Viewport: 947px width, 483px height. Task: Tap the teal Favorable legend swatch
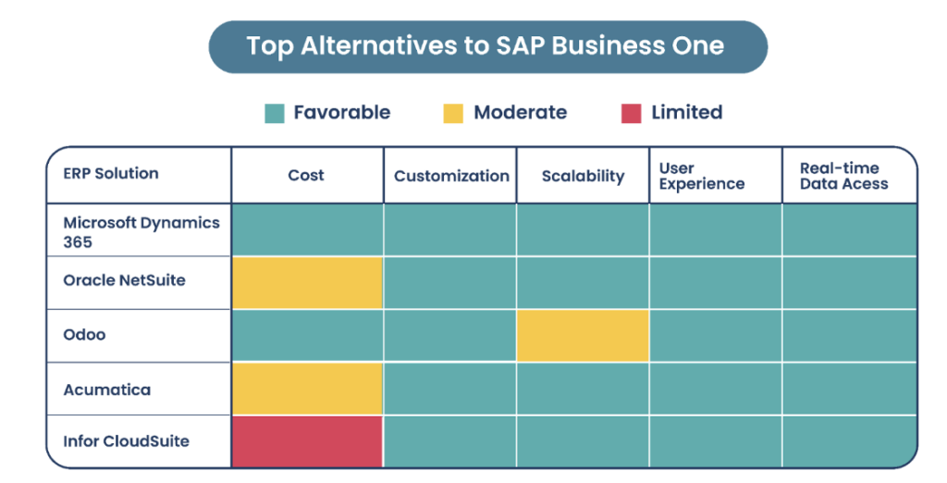point(274,113)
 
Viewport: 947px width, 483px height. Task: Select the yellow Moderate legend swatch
point(453,113)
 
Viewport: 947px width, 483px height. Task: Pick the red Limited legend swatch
point(631,113)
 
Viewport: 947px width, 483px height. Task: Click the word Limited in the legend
point(686,113)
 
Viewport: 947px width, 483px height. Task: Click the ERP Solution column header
point(111,174)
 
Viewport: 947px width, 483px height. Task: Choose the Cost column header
point(306,175)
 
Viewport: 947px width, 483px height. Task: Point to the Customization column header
point(451,176)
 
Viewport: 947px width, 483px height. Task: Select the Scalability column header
point(583,176)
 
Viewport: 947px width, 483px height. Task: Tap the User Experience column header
point(701,176)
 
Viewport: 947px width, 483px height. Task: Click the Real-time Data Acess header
point(843,176)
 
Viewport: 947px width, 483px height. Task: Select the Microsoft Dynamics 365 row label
point(141,231)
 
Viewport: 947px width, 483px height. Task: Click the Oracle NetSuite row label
point(124,280)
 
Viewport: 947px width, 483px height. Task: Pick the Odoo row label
point(84,335)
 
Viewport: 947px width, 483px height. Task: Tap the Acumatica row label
point(106,390)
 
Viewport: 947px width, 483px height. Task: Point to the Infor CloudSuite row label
point(126,441)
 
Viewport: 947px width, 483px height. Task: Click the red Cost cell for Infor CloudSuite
point(307,441)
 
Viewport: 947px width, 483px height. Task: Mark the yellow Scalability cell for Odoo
point(583,335)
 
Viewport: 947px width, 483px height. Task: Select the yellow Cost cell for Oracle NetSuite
point(307,282)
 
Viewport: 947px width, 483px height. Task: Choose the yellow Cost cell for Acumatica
point(307,389)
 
